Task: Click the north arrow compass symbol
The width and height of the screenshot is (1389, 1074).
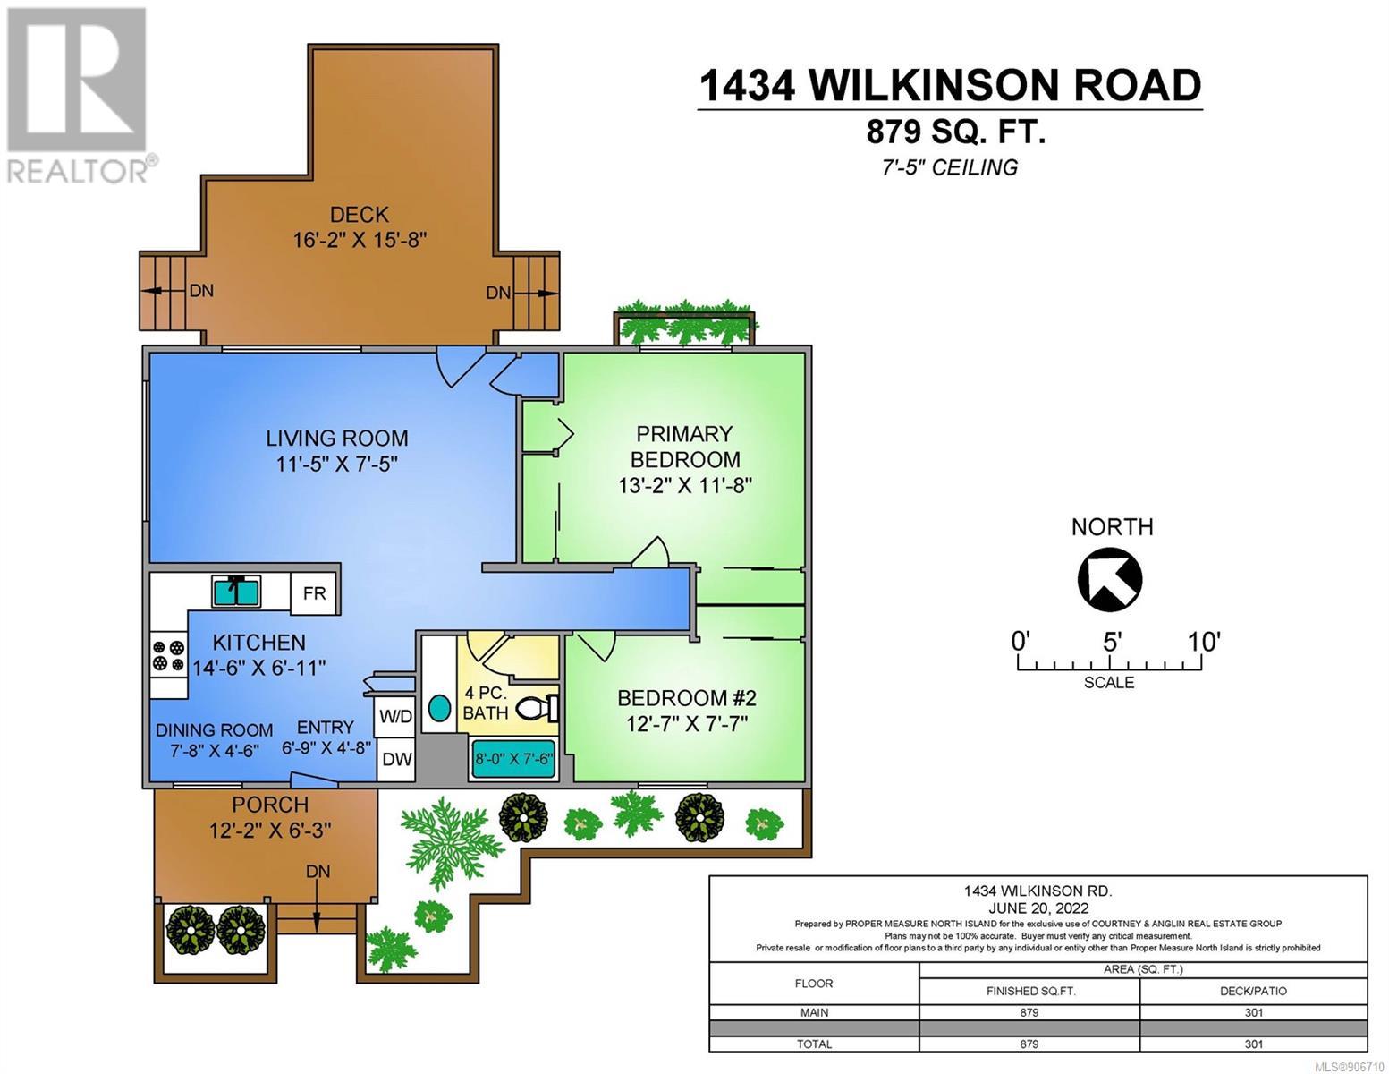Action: pyautogui.click(x=1110, y=580)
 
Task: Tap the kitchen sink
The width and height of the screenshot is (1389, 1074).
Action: pyautogui.click(x=236, y=591)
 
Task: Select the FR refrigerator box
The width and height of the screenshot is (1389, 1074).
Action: pyautogui.click(x=315, y=593)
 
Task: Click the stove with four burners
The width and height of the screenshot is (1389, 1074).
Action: pyautogui.click(x=169, y=655)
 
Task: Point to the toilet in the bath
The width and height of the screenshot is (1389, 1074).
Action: pyautogui.click(x=538, y=708)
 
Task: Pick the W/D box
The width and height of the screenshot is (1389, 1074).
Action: pyautogui.click(x=395, y=716)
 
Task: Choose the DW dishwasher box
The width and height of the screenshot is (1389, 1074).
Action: pyautogui.click(x=396, y=759)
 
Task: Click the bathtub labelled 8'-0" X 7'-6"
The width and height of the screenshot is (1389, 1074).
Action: pyautogui.click(x=513, y=760)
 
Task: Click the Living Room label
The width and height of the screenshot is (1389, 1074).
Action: pyautogui.click(x=337, y=439)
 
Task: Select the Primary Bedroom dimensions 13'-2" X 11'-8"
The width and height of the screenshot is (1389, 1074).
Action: pyautogui.click(x=684, y=486)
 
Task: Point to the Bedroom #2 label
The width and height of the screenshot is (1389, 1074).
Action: pyautogui.click(x=687, y=698)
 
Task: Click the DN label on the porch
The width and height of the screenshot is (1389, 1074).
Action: pyautogui.click(x=318, y=871)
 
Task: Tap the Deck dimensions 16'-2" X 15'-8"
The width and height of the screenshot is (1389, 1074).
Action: pyautogui.click(x=360, y=240)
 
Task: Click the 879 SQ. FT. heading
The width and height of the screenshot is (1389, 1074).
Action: pyautogui.click(x=955, y=132)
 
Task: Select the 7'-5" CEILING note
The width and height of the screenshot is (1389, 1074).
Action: pyautogui.click(x=950, y=167)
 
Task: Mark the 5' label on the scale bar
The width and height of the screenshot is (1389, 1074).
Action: pyautogui.click(x=1113, y=642)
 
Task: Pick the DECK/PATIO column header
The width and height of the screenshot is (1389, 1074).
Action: pyautogui.click(x=1253, y=991)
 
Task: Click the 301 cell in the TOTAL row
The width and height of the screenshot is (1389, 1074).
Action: pyautogui.click(x=1253, y=1044)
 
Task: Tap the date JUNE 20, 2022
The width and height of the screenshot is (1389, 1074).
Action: pyautogui.click(x=1038, y=908)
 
